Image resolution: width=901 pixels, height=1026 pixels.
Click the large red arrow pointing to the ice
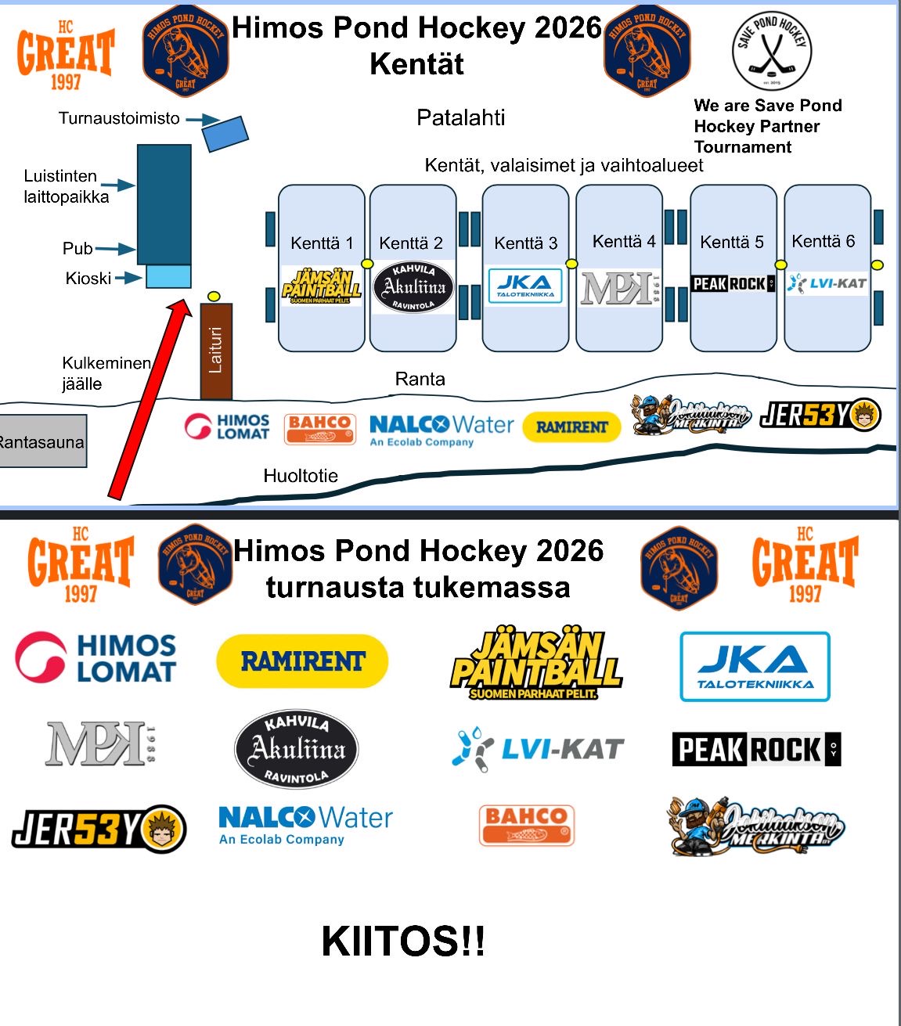point(149,399)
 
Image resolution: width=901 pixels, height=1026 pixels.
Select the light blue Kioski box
point(168,277)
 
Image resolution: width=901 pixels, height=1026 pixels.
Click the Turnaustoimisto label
point(119,118)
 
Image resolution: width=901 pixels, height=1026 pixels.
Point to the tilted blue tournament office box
point(225,133)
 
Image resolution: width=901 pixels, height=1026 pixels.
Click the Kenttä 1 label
point(322,243)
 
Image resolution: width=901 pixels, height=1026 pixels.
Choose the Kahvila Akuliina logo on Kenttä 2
point(413,287)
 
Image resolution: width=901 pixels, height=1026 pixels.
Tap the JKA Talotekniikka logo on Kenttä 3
point(525,286)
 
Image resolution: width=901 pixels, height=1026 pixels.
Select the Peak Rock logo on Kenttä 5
point(733,283)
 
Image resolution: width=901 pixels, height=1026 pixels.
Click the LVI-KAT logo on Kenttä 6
point(827,283)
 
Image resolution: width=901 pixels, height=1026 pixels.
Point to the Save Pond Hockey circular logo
point(771,51)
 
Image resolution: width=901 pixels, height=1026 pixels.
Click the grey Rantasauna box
point(42,442)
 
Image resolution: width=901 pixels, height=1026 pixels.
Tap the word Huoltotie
point(301,476)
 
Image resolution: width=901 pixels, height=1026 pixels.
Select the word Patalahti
point(460,118)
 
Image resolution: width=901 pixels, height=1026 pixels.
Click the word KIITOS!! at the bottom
point(403,941)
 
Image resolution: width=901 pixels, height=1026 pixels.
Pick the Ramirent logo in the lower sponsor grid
point(302,661)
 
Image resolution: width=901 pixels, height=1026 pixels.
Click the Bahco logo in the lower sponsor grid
point(526,826)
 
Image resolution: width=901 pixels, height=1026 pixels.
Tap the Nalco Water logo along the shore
point(441,430)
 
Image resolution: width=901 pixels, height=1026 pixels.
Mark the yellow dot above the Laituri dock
point(214,296)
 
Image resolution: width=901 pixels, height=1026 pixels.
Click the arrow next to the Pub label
point(115,250)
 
